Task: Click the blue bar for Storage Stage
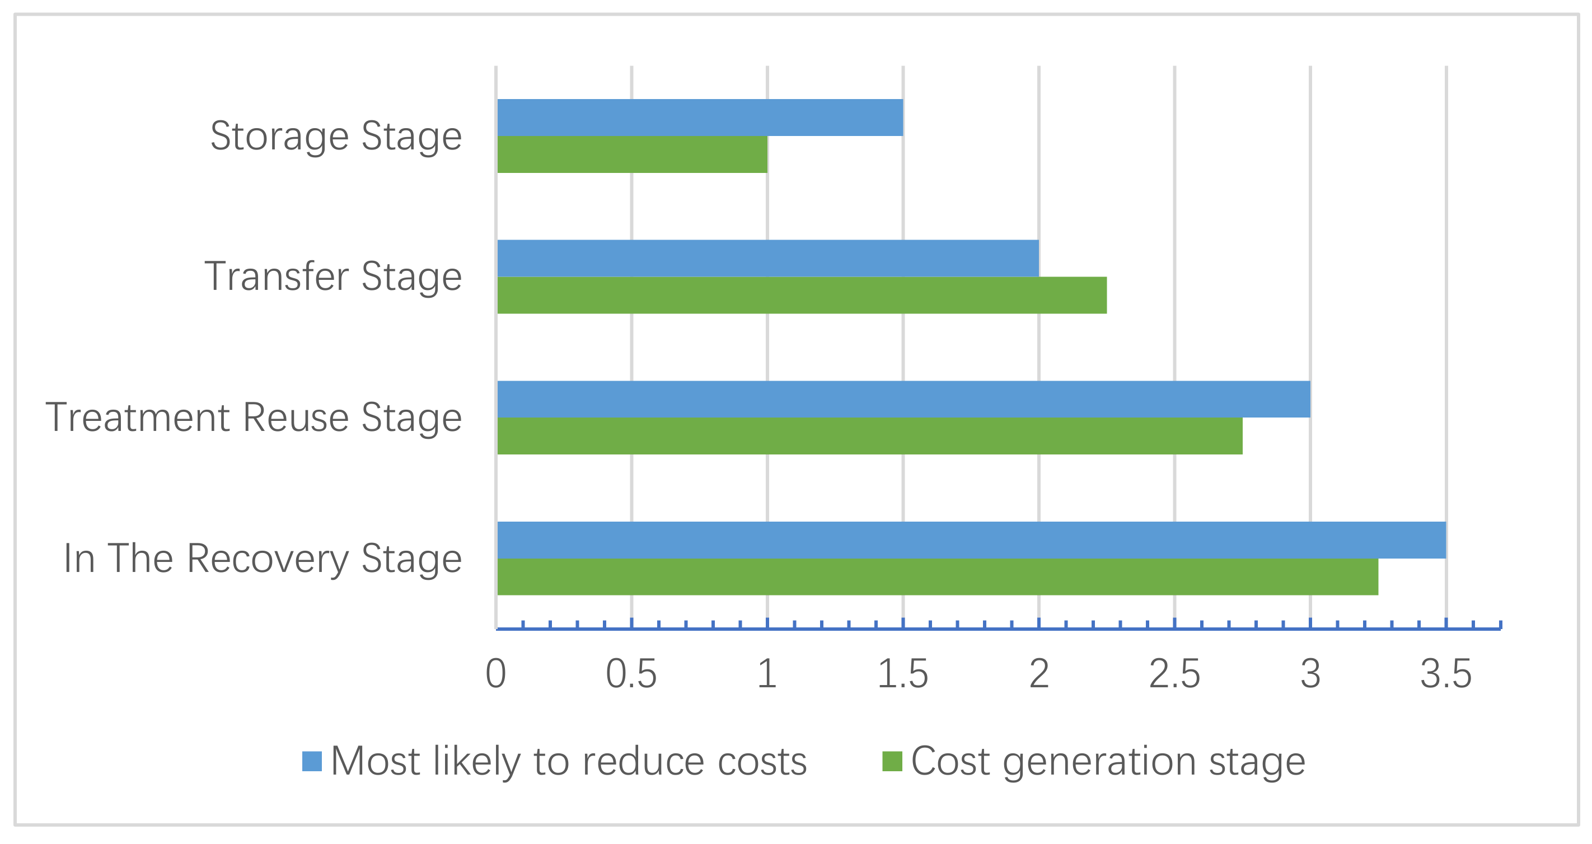tap(700, 118)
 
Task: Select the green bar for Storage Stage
tap(631, 154)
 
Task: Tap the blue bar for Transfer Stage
tap(767, 258)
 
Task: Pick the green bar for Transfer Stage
tap(802, 296)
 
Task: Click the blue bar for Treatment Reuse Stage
tap(903, 399)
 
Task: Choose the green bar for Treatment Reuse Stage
tap(869, 436)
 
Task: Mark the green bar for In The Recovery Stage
tap(937, 577)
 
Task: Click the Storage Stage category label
tap(335, 137)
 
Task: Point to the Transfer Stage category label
tap(333, 277)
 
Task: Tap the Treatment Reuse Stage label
tap(254, 418)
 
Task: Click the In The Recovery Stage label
tap(263, 559)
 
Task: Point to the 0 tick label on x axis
tap(495, 674)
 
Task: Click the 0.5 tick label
tap(631, 674)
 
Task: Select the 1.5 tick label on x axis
tap(902, 674)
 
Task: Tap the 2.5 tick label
tap(1174, 674)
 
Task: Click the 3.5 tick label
tap(1445, 674)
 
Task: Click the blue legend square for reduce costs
tap(312, 761)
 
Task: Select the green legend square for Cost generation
tap(892, 761)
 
